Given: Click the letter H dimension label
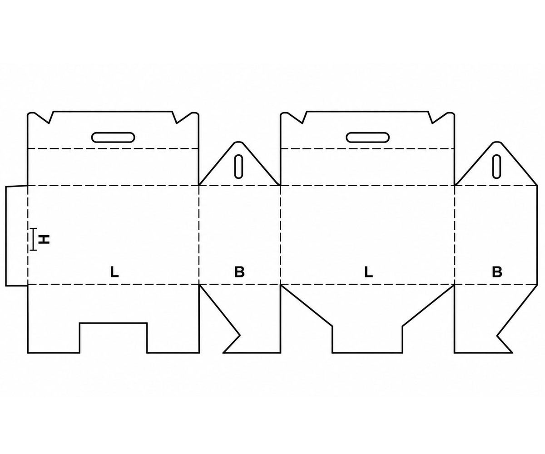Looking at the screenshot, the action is coord(44,239).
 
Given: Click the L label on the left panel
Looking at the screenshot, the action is coord(114,272).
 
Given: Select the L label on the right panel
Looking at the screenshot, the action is coord(368,272).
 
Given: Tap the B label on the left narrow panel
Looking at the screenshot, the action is coord(239,272).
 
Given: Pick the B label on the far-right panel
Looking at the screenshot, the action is coord(497,272).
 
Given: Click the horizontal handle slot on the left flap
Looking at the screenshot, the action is coord(113,138).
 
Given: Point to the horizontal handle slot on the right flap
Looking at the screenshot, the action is coord(368,138).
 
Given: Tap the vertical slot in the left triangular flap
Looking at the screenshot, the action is coord(238,167).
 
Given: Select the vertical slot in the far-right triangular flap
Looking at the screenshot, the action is coord(497,167).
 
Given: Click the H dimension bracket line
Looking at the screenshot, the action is coord(33,239).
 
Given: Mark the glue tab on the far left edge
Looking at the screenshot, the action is coord(16,236).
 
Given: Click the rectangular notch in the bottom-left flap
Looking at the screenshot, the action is coord(113,338).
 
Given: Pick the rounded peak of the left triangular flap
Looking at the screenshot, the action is coord(238,142).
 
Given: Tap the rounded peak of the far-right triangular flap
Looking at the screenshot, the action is coord(497,142).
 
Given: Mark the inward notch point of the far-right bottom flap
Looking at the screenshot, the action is coord(497,336).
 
